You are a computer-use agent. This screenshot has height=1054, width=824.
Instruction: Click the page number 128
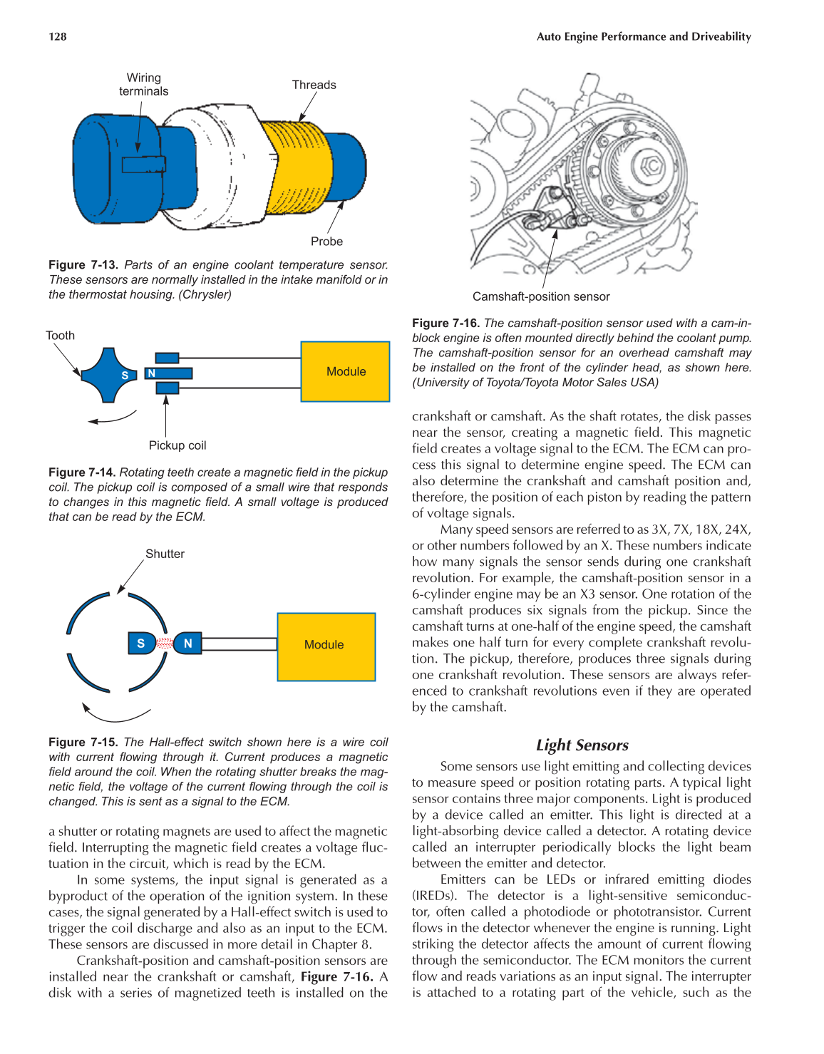[x=58, y=37]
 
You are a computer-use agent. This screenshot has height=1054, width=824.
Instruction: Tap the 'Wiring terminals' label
[x=144, y=85]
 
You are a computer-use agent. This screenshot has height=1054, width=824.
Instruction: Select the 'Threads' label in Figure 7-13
[x=314, y=85]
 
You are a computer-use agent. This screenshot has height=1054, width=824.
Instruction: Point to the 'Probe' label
[x=326, y=242]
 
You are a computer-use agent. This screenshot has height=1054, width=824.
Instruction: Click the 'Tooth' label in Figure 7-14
[x=60, y=336]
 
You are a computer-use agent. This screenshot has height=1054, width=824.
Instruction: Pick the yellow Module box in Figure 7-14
[x=346, y=371]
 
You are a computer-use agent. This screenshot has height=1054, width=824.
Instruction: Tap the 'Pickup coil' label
[x=177, y=445]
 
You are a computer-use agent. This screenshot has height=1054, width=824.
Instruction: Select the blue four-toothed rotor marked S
[x=108, y=375]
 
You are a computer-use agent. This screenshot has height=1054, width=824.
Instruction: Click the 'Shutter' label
[x=165, y=554]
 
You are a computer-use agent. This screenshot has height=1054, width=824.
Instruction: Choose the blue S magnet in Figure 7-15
[x=140, y=644]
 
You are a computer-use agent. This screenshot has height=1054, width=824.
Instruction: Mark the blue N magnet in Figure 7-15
[x=187, y=644]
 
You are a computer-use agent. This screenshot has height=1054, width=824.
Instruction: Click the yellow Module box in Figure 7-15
[x=326, y=645]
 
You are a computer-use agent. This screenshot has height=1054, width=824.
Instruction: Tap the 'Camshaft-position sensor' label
[x=541, y=296]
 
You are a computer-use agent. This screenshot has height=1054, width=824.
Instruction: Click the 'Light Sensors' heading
[x=582, y=745]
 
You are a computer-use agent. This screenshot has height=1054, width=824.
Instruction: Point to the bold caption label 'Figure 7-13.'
[x=83, y=265]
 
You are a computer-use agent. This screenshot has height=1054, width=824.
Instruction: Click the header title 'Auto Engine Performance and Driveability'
[x=644, y=37]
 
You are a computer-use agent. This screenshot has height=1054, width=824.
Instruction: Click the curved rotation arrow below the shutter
[x=114, y=713]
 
